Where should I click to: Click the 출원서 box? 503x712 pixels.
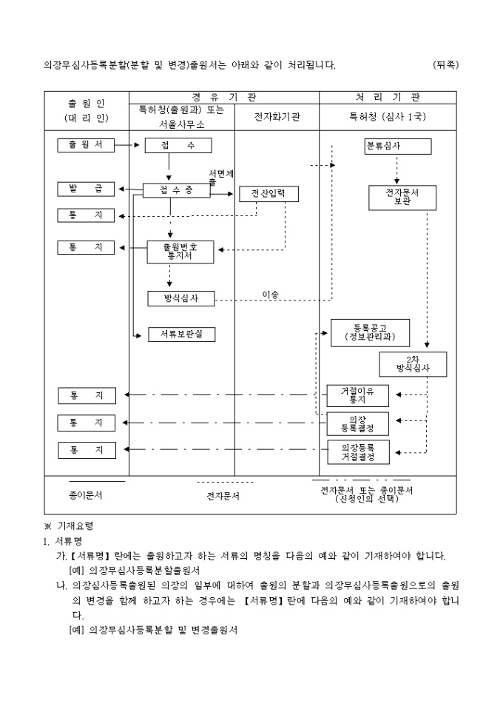(x=86, y=145)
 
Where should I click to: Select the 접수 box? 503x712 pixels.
(x=178, y=146)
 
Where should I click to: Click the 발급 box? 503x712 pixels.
(x=86, y=189)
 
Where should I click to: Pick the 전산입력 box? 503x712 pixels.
(x=269, y=194)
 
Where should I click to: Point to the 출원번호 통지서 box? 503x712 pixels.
(x=180, y=252)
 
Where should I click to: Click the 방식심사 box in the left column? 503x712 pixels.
(x=180, y=298)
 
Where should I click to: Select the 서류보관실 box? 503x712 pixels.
(x=181, y=335)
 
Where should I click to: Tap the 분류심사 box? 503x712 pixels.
(x=397, y=146)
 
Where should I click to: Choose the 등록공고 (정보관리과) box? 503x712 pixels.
(x=370, y=333)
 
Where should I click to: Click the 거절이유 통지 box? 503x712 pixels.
(x=357, y=395)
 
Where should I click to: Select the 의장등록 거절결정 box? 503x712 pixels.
(x=357, y=451)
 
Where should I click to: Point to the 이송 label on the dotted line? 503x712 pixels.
(x=271, y=295)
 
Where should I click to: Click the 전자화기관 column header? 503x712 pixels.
(x=277, y=117)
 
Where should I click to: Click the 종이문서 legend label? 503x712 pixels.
(x=86, y=496)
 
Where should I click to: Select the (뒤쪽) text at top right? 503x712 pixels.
(x=445, y=64)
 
